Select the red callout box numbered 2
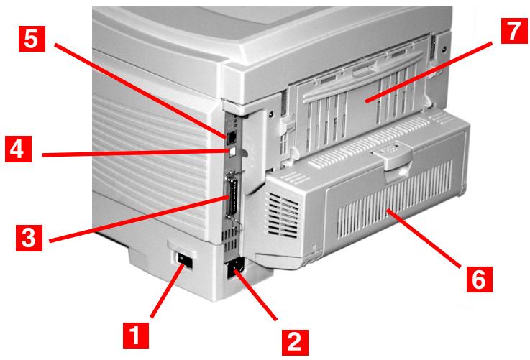[x=292, y=337]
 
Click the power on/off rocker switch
[x=186, y=259]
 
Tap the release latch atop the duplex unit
[x=394, y=154]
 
